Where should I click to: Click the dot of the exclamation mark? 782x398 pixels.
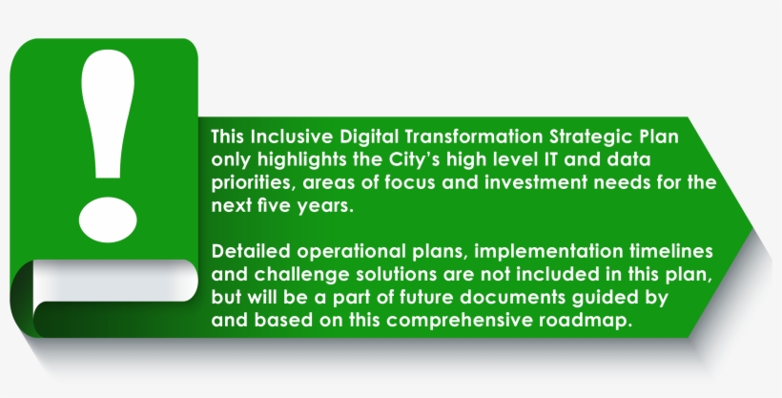tap(108, 220)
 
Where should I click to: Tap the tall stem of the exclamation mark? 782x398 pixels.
tap(108, 114)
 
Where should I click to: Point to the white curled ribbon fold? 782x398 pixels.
tap(114, 281)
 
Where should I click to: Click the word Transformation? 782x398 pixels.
tap(473, 136)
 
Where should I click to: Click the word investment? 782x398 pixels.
tap(536, 182)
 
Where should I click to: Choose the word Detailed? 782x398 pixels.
tap(251, 251)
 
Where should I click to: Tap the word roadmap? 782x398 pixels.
tap(586, 321)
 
